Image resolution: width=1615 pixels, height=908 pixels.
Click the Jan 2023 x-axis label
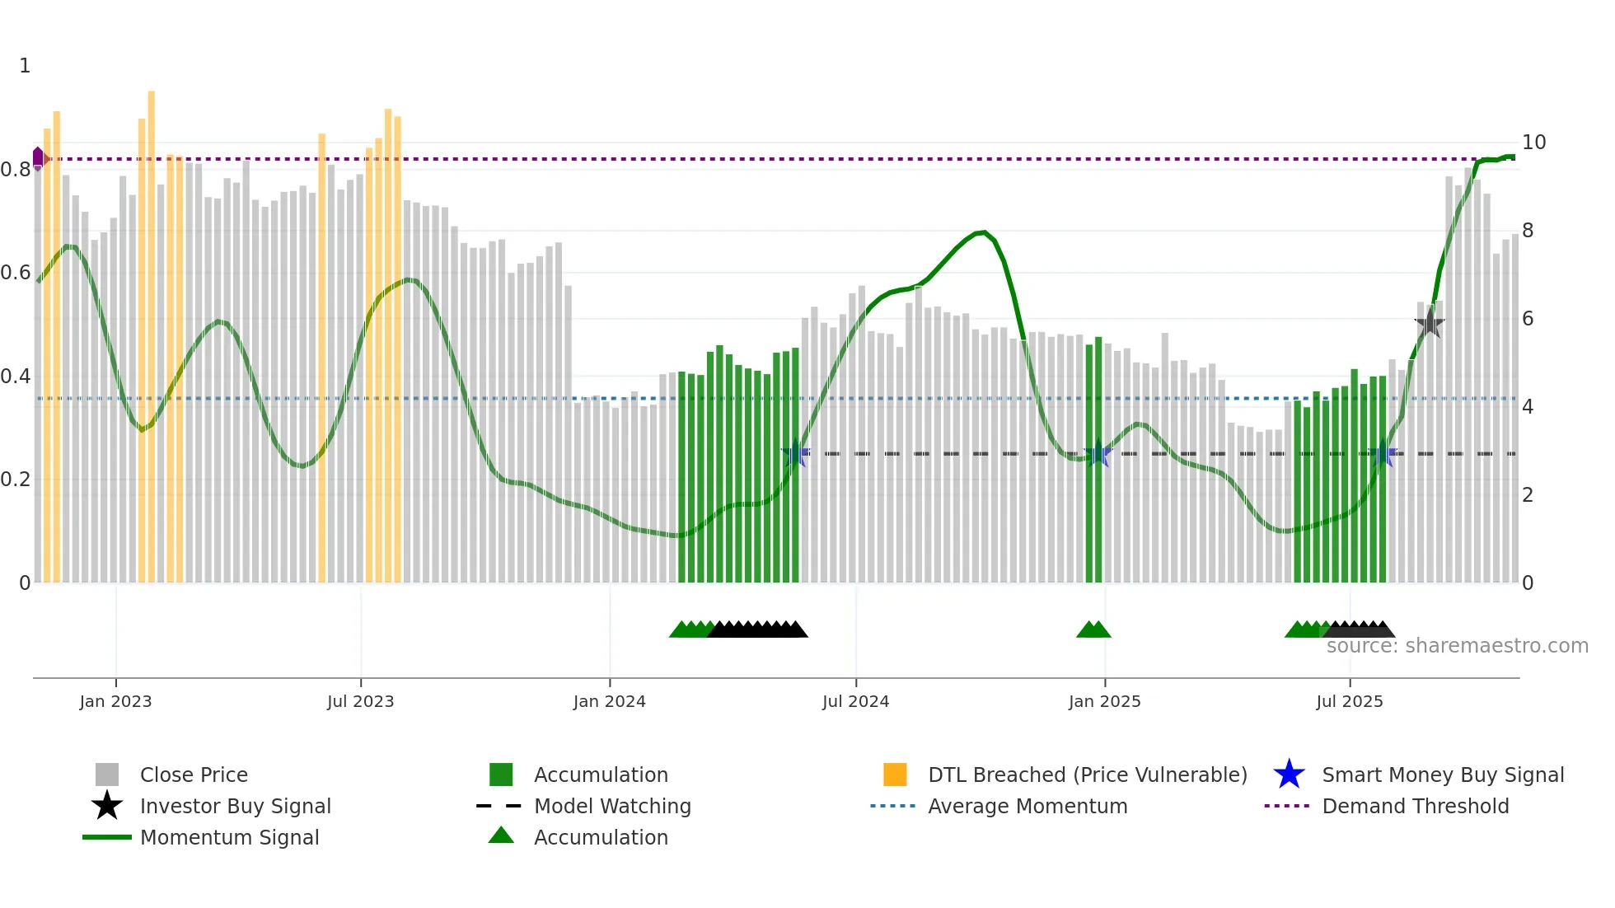[x=115, y=701]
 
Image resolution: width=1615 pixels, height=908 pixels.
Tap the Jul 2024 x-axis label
[x=855, y=701]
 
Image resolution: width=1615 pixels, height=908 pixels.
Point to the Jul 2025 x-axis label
[x=1349, y=701]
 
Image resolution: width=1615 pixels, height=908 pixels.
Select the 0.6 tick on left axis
[x=16, y=273]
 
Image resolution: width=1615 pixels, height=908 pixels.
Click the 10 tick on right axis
[x=1533, y=143]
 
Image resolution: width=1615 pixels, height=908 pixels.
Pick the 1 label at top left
[x=25, y=66]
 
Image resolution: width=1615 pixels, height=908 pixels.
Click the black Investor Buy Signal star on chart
[x=1430, y=323]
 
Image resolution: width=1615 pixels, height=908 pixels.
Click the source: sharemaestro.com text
[x=1457, y=646]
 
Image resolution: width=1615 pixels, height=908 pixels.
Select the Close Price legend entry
[x=194, y=775]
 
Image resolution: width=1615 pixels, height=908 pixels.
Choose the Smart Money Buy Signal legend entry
[x=1442, y=775]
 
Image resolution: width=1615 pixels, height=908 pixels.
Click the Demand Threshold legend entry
[x=1415, y=806]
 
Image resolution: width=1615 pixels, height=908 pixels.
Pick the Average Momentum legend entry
[x=1027, y=806]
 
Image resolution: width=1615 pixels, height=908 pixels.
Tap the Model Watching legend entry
[x=611, y=806]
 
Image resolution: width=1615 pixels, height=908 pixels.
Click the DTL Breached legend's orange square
[x=895, y=775]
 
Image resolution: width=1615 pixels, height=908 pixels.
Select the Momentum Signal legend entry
[x=229, y=837]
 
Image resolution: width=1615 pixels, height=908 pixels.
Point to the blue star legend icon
[x=1289, y=775]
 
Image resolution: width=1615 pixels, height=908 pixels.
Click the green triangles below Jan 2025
[x=1093, y=630]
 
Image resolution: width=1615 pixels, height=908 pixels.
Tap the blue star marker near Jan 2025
[x=1097, y=453]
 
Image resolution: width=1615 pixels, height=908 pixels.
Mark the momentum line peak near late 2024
[x=983, y=232]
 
